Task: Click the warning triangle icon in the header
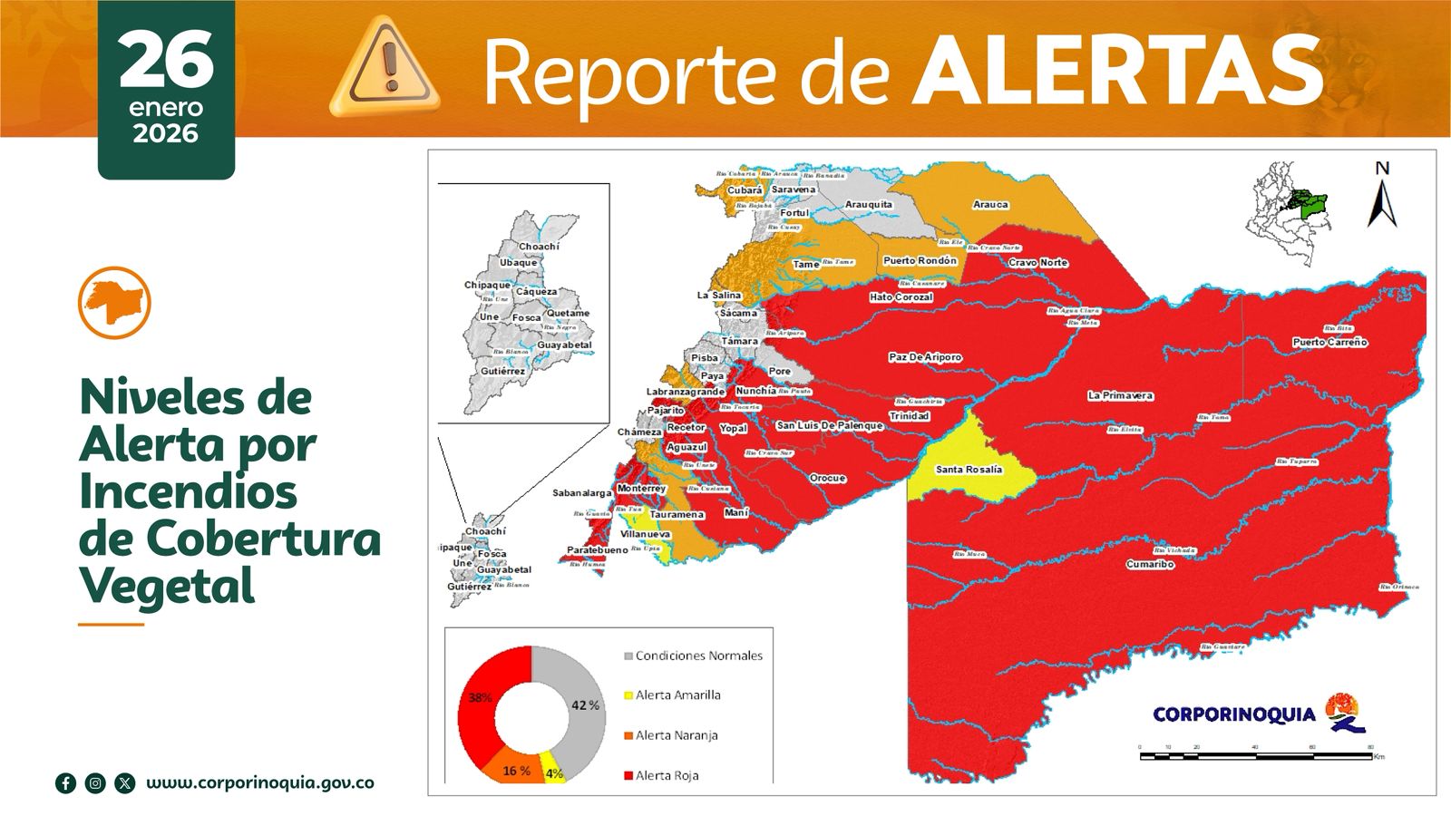click(385, 68)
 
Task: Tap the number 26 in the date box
click(166, 60)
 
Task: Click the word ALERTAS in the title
click(1117, 71)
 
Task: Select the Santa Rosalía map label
click(969, 470)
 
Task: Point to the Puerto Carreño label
click(1329, 342)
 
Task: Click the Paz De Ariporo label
click(924, 357)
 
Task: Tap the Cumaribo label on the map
click(1150, 564)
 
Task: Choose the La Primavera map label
click(1120, 395)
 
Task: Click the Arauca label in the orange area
click(990, 205)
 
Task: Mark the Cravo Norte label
click(1037, 263)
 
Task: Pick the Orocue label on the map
click(827, 478)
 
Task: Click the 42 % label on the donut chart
click(585, 704)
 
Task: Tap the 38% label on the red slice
click(480, 697)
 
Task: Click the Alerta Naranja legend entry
click(676, 735)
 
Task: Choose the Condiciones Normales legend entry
click(698, 656)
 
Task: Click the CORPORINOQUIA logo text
click(1233, 714)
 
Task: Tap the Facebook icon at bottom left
click(65, 783)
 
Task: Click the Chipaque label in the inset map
click(487, 285)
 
